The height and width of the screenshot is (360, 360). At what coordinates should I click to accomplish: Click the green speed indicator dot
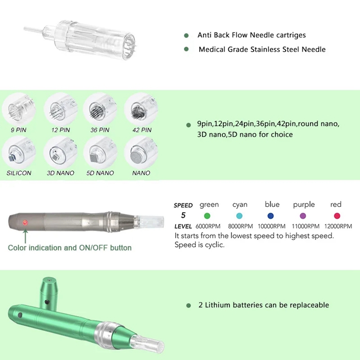(x=207, y=216)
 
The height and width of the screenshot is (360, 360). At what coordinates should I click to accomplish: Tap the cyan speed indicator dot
(x=239, y=216)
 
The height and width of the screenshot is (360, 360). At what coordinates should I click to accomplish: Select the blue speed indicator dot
(x=271, y=216)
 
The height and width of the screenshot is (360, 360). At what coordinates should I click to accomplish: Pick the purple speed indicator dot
(x=303, y=216)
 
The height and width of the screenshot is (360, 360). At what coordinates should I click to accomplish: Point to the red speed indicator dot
(x=337, y=216)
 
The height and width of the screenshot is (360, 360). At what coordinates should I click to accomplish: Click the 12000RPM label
(x=338, y=226)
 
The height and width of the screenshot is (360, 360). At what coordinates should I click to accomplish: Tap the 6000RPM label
(x=208, y=226)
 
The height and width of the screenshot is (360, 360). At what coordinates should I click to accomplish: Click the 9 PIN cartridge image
(x=19, y=109)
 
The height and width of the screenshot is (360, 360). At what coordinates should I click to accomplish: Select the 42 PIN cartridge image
(x=141, y=109)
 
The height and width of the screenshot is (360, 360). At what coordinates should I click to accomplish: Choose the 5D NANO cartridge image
(x=100, y=152)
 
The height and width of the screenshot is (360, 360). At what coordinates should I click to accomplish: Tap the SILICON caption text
(x=19, y=173)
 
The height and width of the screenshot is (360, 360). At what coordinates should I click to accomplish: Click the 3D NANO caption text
(x=61, y=173)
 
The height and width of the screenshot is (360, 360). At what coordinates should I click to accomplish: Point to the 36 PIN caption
(x=100, y=130)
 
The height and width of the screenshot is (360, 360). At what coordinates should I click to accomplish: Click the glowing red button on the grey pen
(x=25, y=223)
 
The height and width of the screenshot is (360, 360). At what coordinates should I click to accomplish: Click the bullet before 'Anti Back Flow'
(x=186, y=35)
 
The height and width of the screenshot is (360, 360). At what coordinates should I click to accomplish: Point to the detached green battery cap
(x=48, y=294)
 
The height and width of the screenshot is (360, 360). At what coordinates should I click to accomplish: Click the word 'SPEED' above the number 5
(x=183, y=205)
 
